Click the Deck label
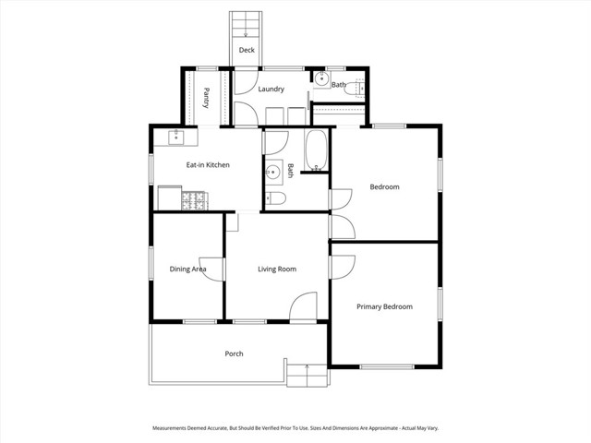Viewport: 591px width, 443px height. point(247,50)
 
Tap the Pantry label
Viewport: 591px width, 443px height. point(206,98)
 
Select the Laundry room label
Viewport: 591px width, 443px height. point(271,90)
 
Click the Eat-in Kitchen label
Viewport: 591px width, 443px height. point(208,165)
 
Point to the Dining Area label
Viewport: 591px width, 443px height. point(187,269)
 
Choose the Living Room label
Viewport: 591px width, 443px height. point(277,269)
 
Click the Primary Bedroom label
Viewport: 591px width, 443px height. point(384,306)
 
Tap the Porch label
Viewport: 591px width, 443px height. point(234,353)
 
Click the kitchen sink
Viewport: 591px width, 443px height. point(175,138)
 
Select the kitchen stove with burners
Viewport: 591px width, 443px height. point(195,201)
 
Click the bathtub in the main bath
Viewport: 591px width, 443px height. point(316,150)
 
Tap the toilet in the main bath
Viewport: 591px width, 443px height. point(275,198)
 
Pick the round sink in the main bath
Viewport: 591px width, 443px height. point(272,173)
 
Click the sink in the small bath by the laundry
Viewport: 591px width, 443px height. point(322,79)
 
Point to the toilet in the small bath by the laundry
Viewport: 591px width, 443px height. point(355,89)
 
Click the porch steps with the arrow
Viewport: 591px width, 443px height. point(307,376)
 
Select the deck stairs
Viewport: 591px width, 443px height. point(246,25)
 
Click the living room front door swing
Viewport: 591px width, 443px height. point(303,306)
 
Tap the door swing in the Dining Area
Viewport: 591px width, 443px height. point(211,269)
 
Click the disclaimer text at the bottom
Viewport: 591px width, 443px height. point(295,428)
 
